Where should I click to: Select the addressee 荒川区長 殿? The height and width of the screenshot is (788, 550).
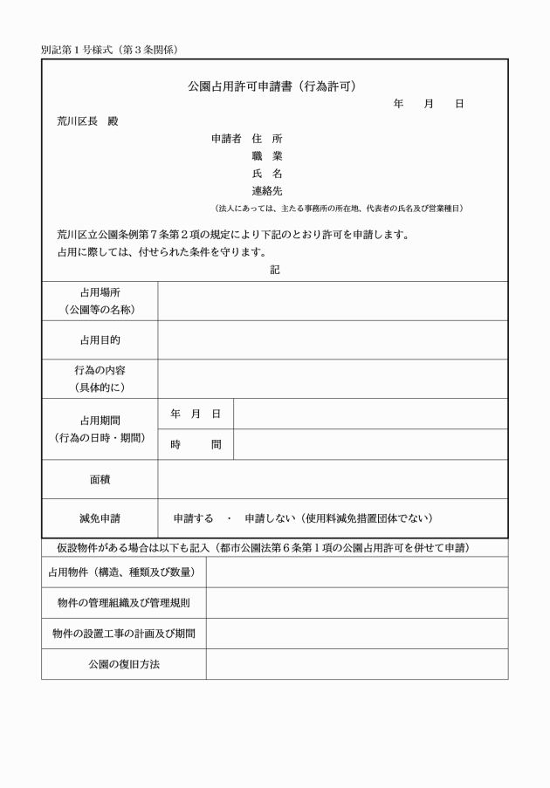[87, 120]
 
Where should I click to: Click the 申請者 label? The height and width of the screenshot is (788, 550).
[226, 139]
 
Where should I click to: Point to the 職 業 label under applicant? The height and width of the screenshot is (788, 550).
[266, 156]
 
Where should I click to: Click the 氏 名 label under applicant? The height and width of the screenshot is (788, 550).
[266, 174]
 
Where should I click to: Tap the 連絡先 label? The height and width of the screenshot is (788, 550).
[266, 190]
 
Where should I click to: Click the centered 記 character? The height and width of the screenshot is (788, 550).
[274, 270]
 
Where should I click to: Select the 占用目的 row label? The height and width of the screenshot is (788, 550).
[100, 339]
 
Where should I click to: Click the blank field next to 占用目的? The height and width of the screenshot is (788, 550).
[332, 339]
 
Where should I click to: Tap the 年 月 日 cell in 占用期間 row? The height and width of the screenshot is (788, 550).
[196, 414]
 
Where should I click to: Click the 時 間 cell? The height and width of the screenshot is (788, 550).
[196, 444]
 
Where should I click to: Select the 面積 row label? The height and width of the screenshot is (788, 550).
[100, 479]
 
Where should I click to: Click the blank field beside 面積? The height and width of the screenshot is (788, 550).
[332, 479]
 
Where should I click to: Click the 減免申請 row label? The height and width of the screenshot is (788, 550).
[100, 518]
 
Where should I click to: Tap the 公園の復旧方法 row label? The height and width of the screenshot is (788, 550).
[123, 664]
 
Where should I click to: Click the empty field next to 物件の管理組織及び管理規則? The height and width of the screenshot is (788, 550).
[356, 603]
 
